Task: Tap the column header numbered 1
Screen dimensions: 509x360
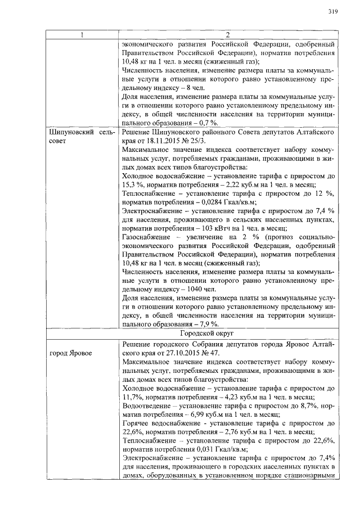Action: pyautogui.click(x=82, y=35)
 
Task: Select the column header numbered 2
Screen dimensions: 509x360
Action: pyautogui.click(x=228, y=35)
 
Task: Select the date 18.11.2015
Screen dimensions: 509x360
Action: pyautogui.click(x=174, y=140)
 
